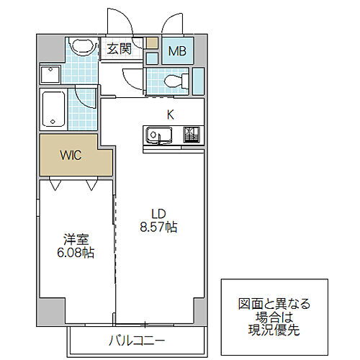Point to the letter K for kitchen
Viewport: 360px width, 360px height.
(171, 113)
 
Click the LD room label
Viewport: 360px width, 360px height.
(159, 212)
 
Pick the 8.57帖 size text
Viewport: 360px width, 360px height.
(159, 226)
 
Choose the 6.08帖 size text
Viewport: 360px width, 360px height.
(75, 253)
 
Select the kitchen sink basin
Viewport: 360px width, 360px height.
(158, 135)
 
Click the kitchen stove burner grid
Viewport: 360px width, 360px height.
(192, 135)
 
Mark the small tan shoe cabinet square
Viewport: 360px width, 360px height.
(152, 42)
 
